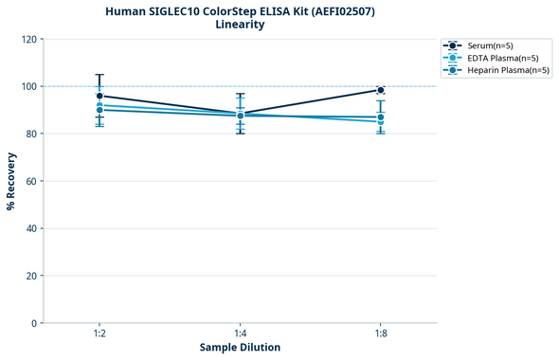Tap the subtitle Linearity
coord(240,25)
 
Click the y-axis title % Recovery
coord(11,181)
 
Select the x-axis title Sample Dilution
coord(240,348)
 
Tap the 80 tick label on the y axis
coord(31,134)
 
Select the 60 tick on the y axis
coord(31,181)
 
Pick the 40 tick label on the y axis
coord(31,228)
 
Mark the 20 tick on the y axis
coord(31,276)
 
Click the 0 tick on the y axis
coord(34,323)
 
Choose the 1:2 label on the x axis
coord(99,333)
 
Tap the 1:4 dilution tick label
coord(240,333)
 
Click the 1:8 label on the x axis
coord(381,333)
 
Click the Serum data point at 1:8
coord(381,90)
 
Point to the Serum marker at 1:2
coord(99,96)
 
